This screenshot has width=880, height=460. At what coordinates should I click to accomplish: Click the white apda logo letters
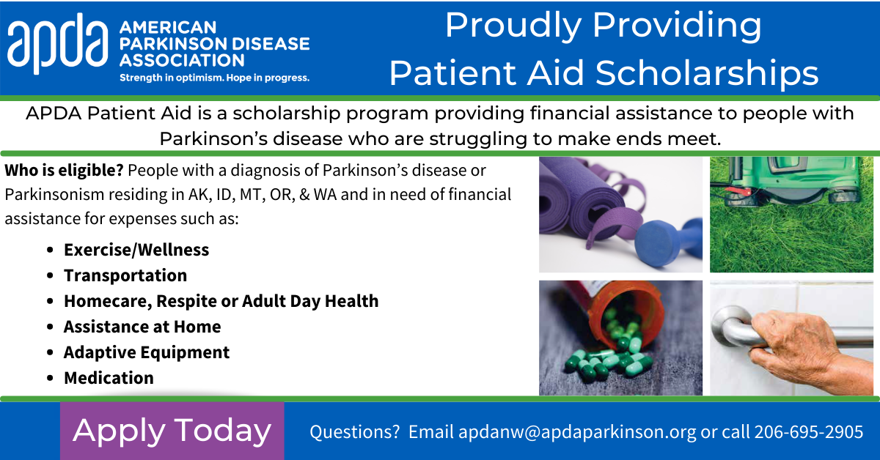click(x=57, y=43)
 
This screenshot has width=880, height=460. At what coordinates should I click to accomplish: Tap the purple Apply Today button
click(x=172, y=431)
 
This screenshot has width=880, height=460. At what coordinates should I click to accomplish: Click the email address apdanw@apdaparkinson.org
click(x=577, y=432)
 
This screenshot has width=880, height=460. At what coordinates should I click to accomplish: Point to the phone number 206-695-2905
click(x=808, y=431)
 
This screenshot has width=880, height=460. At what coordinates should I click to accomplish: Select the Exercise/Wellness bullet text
click(x=136, y=250)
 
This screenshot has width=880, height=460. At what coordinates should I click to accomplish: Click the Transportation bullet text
click(x=125, y=275)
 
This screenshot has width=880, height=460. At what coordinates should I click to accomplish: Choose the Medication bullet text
click(x=109, y=378)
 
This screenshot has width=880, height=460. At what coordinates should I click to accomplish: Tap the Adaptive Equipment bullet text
click(x=147, y=352)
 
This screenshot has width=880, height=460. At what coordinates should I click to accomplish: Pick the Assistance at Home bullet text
click(x=142, y=327)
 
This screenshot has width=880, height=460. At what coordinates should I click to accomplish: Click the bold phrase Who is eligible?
click(x=64, y=171)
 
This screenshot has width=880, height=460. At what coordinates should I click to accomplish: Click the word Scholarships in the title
click(x=707, y=73)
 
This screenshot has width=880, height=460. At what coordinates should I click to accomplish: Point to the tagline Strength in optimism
click(x=172, y=78)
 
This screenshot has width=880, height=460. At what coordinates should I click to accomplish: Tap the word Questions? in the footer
click(x=355, y=431)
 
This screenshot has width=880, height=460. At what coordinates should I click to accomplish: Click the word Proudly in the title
click(x=513, y=26)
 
